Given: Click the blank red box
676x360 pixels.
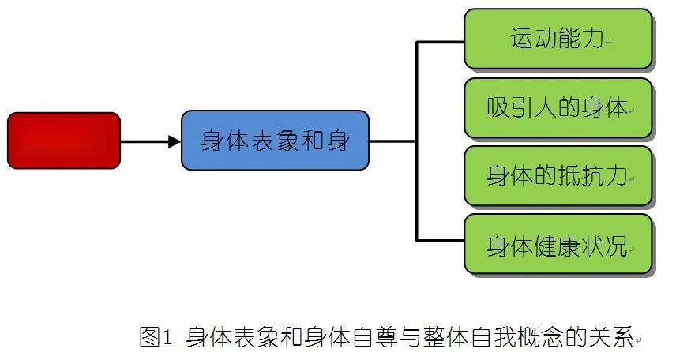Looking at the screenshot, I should pyautogui.click(x=64, y=141).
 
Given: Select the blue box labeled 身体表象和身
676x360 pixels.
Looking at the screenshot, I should pyautogui.click(x=275, y=141).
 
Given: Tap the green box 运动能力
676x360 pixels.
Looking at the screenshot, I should pyautogui.click(x=558, y=39).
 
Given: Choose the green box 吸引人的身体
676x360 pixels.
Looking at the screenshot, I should pyautogui.click(x=558, y=107).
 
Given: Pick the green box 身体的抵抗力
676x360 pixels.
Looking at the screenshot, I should pyautogui.click(x=558, y=175).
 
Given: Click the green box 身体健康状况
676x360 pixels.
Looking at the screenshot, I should pyautogui.click(x=558, y=245).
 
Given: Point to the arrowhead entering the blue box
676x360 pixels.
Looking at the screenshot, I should pyautogui.click(x=175, y=141).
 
